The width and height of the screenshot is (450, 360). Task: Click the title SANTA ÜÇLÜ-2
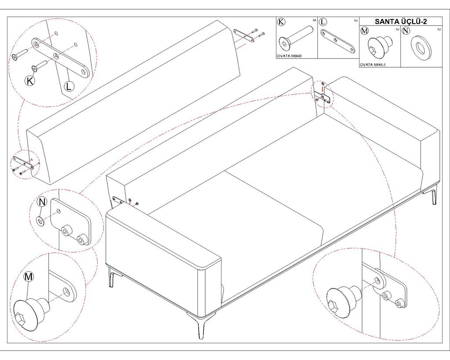(x=401, y=22)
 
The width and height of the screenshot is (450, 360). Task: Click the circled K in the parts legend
(x=281, y=22)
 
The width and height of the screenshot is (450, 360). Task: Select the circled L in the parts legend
(x=323, y=22)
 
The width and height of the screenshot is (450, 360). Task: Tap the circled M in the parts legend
(x=364, y=30)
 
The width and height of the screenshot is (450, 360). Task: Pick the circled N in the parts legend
(x=406, y=30)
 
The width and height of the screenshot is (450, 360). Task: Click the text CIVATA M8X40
(x=289, y=56)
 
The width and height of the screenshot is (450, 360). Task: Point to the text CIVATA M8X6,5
(x=373, y=65)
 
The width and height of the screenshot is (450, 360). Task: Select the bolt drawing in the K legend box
(x=295, y=39)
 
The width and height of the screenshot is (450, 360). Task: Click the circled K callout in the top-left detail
(x=30, y=81)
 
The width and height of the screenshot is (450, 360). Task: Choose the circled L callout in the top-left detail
(x=69, y=86)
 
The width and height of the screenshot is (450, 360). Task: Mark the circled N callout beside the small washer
(x=42, y=202)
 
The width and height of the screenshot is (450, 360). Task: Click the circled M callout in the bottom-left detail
(x=29, y=277)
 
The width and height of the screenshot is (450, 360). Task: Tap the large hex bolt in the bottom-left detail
(x=31, y=312)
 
